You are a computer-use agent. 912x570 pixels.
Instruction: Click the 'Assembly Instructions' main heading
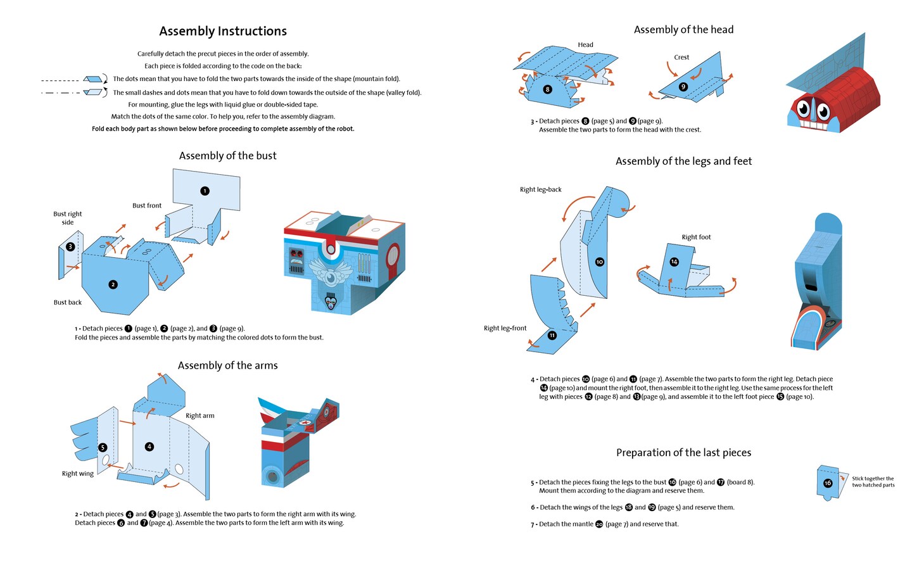coord(223,31)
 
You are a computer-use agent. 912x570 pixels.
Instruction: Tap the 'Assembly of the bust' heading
coord(227,156)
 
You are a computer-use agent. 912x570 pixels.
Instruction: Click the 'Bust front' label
coord(147,206)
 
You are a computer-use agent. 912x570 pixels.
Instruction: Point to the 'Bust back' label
coord(68,303)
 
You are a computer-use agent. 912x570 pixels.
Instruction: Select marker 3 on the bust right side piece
coord(70,246)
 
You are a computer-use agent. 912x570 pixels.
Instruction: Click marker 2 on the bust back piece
coord(113,284)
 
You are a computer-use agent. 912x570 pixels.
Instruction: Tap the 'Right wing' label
coord(78,474)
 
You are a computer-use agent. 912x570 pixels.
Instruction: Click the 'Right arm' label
coord(200,416)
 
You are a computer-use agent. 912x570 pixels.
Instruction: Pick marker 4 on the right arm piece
coord(149,446)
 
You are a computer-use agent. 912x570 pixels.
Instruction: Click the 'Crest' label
coord(681,58)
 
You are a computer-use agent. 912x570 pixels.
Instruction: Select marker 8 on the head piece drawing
coord(548,89)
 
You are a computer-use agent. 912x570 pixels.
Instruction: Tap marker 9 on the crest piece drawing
coord(683,87)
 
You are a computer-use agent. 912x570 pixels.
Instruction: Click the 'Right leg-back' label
coord(541,190)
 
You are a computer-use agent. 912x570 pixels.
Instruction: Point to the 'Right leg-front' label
coord(505,329)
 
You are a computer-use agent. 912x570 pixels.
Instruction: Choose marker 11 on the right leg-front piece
coord(552,335)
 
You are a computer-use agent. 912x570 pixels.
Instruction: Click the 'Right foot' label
coord(696,237)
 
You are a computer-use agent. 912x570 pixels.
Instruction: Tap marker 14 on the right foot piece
coord(674,262)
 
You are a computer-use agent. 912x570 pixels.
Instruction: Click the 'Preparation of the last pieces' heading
coord(683,453)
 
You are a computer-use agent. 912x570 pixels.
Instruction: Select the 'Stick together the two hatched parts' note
coord(873,482)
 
